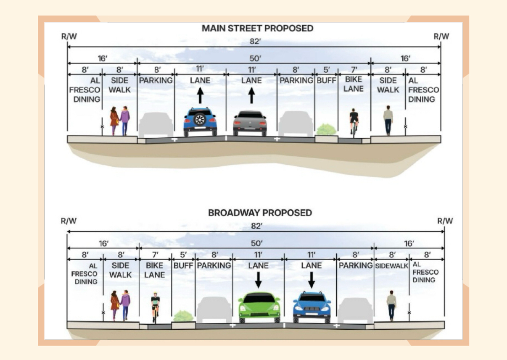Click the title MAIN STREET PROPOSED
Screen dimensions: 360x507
pos(257,29)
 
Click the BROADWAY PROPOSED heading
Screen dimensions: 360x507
pos(260,213)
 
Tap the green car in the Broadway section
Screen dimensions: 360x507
pos(259,307)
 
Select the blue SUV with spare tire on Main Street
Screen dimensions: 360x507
pos(200,122)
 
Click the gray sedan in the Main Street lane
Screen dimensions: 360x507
pos(250,123)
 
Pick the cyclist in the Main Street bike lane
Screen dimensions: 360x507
pos(354,122)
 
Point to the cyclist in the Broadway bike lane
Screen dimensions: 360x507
pos(156,306)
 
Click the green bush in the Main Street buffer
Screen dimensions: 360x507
pos(326,129)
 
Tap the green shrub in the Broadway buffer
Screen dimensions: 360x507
pos(183,316)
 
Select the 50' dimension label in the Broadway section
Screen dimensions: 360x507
pos(256,243)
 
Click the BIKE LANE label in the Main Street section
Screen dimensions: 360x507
pos(354,84)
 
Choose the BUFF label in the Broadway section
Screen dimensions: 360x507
pos(183,265)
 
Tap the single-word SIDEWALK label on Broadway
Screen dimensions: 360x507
pos(391,265)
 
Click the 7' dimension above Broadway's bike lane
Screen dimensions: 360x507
pos(155,255)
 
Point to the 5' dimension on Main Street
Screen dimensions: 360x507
pos(326,70)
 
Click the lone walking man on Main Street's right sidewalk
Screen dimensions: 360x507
pos(388,120)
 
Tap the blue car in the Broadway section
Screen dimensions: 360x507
pos(312,307)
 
